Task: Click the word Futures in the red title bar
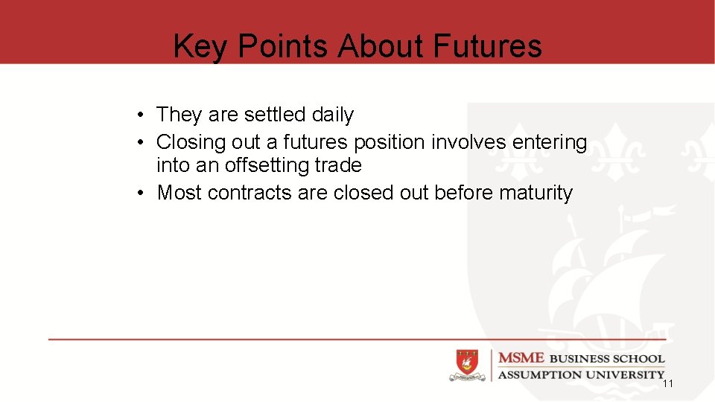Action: pos(486,46)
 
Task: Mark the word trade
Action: pos(337,165)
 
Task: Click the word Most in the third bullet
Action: pos(179,193)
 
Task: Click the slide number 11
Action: pos(667,383)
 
